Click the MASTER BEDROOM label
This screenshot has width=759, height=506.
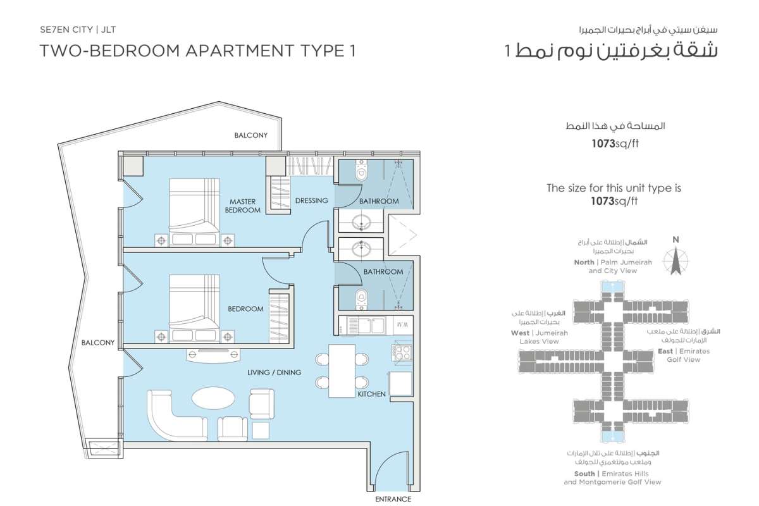243,206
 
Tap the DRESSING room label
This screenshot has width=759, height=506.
311,201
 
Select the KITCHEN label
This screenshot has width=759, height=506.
372,394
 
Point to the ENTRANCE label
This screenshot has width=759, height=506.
393,499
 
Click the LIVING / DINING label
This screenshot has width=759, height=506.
274,373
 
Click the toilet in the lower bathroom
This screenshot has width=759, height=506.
362,299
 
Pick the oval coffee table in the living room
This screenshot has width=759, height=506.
214,398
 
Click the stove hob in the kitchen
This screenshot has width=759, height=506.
402,352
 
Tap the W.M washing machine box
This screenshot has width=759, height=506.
402,324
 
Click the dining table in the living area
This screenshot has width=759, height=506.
342,371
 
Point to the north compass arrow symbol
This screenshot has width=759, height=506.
676,261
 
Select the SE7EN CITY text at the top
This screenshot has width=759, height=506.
66,30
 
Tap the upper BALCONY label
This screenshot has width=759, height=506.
250,135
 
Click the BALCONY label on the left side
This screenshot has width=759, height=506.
98,343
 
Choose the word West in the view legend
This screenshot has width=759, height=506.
520,333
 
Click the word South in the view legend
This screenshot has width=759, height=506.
584,474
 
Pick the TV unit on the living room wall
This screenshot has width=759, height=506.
214,355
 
